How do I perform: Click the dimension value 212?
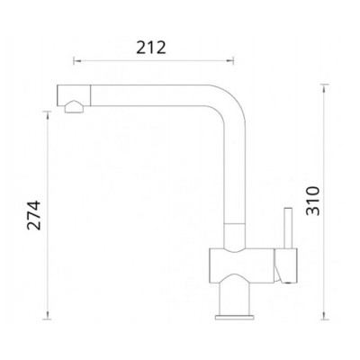pos(151,48)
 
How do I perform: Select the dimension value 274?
pos(34,215)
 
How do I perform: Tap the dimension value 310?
pos(313,201)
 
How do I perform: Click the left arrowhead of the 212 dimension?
pos(76,61)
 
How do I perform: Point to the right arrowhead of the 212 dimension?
pos(230,61)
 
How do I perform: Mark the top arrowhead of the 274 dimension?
pos(47,115)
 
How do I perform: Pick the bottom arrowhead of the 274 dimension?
pos(47,315)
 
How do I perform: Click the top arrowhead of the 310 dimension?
pos(324,88)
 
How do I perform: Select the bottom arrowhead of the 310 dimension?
pos(324,315)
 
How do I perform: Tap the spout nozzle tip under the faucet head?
pos(74,107)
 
